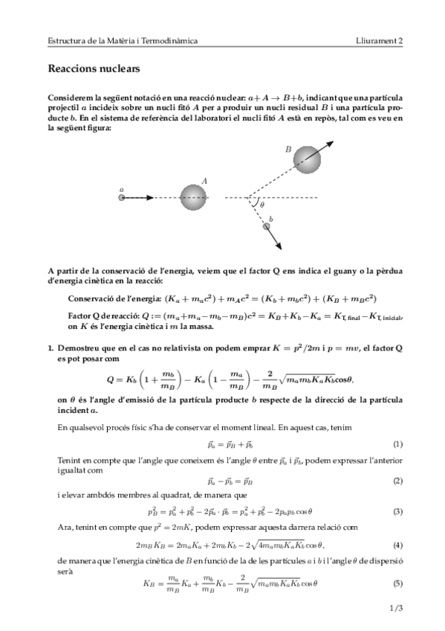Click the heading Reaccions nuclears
94,69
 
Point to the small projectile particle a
121,198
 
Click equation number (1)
397,444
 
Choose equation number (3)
397,511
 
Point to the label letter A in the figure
204,180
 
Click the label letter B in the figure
288,149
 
